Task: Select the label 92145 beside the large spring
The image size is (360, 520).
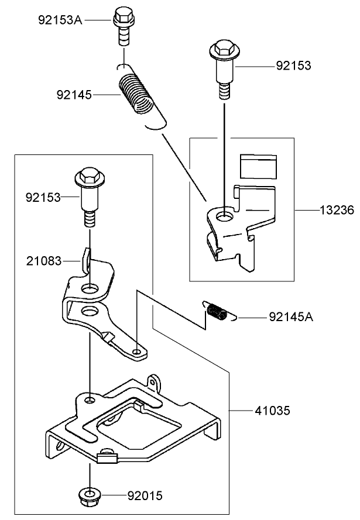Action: pyautogui.click(x=74, y=94)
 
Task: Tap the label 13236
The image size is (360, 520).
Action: pyautogui.click(x=337, y=210)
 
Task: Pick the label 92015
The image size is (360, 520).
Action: pyautogui.click(x=145, y=497)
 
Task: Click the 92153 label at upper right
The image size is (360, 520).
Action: pyautogui.click(x=293, y=66)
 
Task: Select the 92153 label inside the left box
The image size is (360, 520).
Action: pyautogui.click(x=43, y=197)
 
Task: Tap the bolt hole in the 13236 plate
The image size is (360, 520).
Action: pyautogui.click(x=224, y=217)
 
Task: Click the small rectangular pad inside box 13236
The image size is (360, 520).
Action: pyautogui.click(x=258, y=166)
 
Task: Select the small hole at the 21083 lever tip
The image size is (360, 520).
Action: pyautogui.click(x=136, y=352)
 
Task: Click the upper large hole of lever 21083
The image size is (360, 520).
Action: pyautogui.click(x=90, y=288)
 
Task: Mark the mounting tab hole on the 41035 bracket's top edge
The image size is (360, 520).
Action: pyautogui.click(x=154, y=384)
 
